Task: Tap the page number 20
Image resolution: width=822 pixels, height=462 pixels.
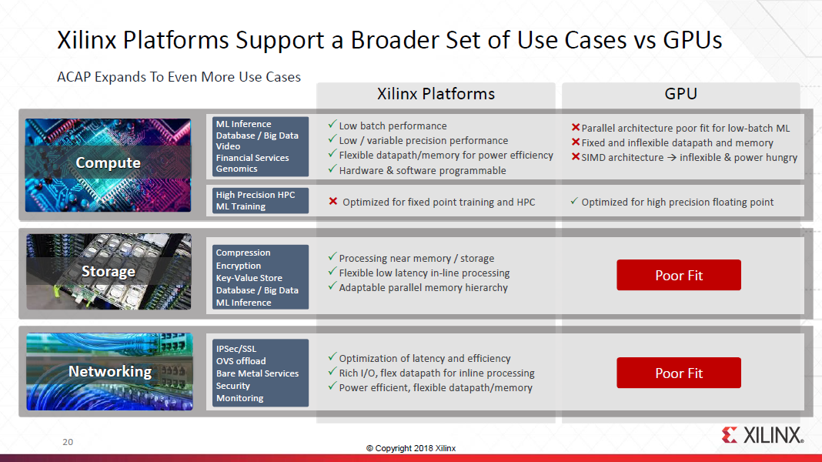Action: [x=68, y=443]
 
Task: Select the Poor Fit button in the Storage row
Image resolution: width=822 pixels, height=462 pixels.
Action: [x=678, y=275]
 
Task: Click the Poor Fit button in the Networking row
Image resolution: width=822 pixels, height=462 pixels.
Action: [x=678, y=373]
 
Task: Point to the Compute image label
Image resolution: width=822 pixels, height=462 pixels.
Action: [x=108, y=163]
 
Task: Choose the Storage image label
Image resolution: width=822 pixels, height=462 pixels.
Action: [x=108, y=272]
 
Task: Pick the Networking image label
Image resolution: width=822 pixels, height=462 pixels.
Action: [x=109, y=372]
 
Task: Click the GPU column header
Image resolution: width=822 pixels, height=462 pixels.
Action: [x=680, y=94]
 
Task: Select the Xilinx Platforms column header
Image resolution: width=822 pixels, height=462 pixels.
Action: [x=436, y=94]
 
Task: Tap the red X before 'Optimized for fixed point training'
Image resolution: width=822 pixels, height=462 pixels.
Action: [x=333, y=202]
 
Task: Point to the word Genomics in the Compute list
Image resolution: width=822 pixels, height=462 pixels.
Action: [x=237, y=169]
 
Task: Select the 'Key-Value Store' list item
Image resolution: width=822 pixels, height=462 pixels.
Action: [x=249, y=278]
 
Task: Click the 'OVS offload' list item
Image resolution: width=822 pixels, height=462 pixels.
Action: [x=240, y=361]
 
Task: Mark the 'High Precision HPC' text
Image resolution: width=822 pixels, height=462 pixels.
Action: [x=255, y=195]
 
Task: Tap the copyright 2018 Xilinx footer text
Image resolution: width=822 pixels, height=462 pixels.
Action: [x=410, y=448]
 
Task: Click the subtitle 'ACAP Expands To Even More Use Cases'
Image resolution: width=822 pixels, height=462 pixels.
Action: [x=179, y=77]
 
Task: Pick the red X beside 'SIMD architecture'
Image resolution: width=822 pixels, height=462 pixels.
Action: [x=575, y=157]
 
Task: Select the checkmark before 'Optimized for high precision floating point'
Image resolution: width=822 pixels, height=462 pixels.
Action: [x=574, y=202]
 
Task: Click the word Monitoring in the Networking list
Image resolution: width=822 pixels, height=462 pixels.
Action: [x=239, y=398]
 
